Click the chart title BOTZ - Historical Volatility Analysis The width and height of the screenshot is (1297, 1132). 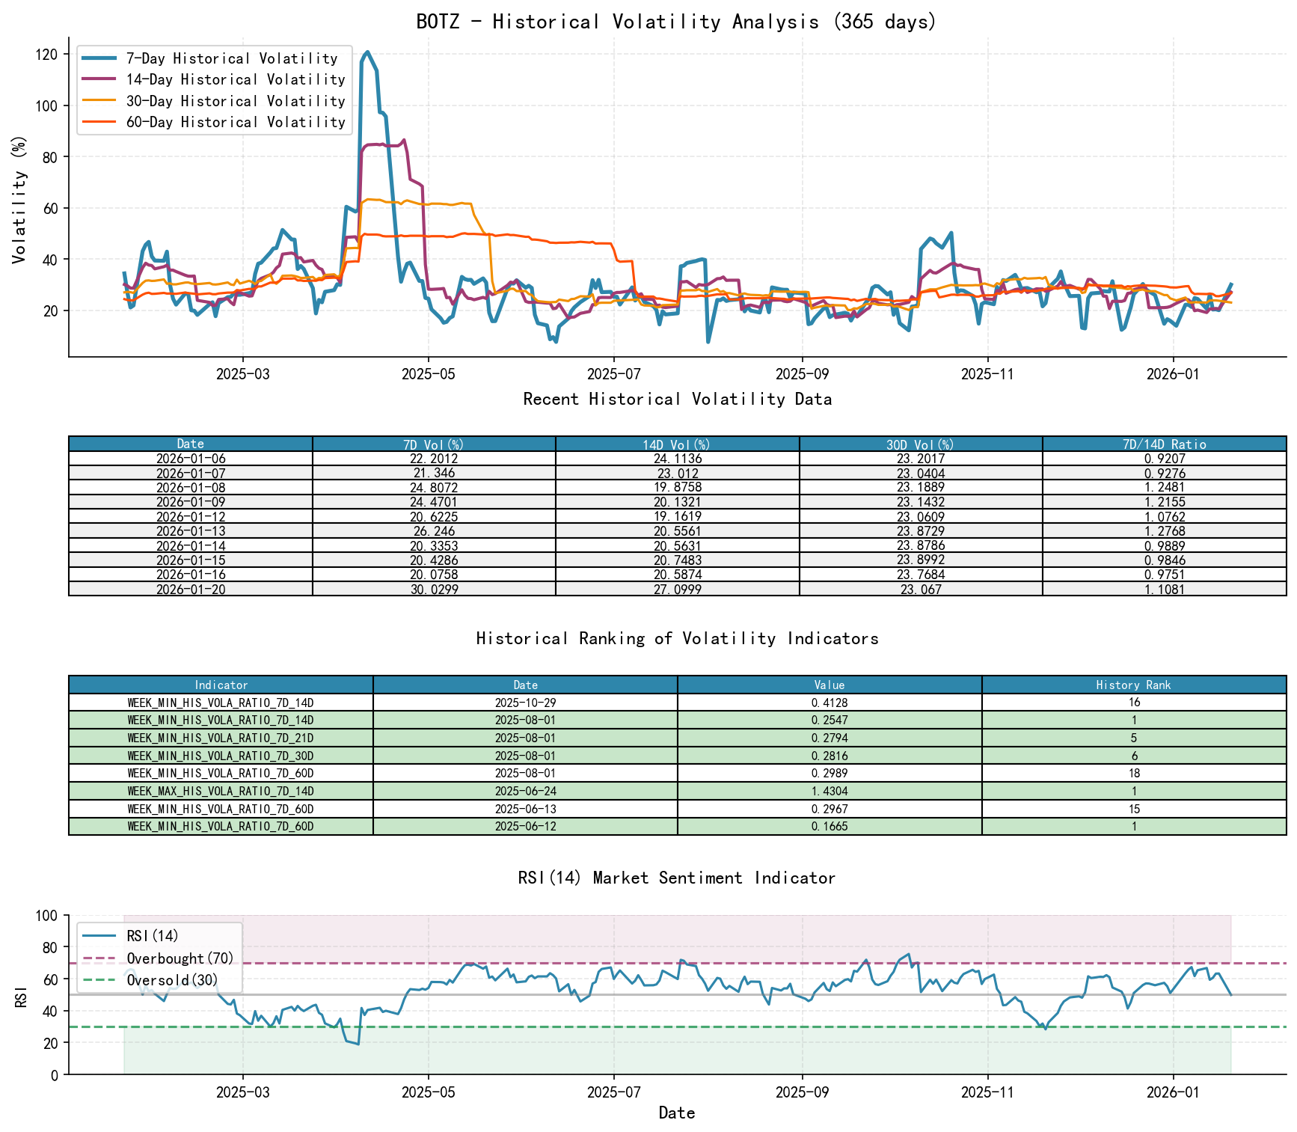click(x=676, y=22)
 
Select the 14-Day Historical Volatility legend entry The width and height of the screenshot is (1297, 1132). click(x=235, y=79)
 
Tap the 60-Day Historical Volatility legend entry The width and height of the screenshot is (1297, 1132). click(x=235, y=122)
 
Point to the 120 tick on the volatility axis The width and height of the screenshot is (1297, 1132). click(x=46, y=55)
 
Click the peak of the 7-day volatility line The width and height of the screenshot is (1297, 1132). click(x=367, y=52)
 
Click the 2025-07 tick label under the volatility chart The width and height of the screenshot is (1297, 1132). click(x=613, y=373)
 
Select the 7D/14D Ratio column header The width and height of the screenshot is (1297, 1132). click(x=1164, y=444)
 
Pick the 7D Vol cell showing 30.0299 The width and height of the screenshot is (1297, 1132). click(x=434, y=590)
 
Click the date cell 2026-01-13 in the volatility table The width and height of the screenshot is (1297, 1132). click(x=191, y=531)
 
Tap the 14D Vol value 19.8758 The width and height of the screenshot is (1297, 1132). click(x=677, y=488)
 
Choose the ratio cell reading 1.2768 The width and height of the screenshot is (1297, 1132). click(x=1164, y=531)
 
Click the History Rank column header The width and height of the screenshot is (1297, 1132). click(x=1133, y=685)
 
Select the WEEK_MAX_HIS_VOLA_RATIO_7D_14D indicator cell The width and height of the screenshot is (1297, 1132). click(x=221, y=792)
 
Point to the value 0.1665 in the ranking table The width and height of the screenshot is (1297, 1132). click(x=829, y=827)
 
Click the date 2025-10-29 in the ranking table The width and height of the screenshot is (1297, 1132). click(x=525, y=703)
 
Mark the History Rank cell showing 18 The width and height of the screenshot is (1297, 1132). click(x=1133, y=774)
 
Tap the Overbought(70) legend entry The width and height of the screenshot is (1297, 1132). click(x=180, y=958)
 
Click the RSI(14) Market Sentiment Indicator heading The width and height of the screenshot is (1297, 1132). click(x=676, y=878)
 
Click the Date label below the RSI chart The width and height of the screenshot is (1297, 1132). click(x=676, y=1113)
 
